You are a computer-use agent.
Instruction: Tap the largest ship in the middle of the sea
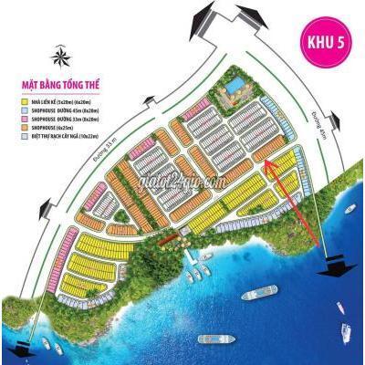pyautogui.click(x=258, y=295)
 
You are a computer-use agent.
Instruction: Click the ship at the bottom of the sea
pyautogui.click(x=216, y=339)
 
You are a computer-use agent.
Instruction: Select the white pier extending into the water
pyautogui.click(x=191, y=269)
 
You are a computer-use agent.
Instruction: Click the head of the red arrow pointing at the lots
pyautogui.click(x=267, y=163)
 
